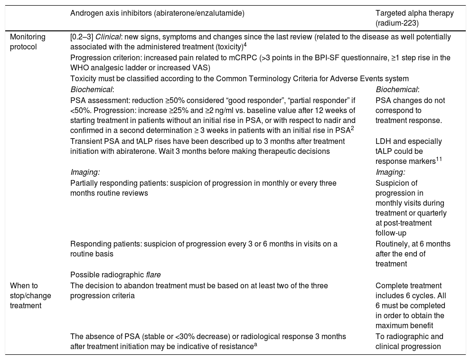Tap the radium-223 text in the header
[397, 22]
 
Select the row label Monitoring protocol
[28, 41]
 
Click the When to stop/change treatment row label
[29, 295]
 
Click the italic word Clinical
[108, 37]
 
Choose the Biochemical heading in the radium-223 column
[397, 89]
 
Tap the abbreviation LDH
[383, 142]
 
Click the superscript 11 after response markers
[440, 159]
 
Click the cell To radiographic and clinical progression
[409, 341]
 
